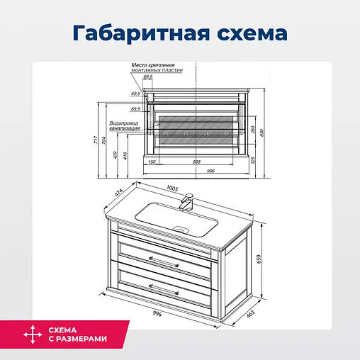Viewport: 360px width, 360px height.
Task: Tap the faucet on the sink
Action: point(187,201)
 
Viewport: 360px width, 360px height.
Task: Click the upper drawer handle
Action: point(164,259)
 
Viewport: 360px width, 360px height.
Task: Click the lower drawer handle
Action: point(164,287)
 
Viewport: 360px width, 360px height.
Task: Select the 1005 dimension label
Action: point(171,188)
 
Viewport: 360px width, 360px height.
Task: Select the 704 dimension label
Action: point(105,140)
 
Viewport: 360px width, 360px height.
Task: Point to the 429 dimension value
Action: point(116,154)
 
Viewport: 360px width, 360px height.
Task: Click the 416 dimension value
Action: point(125,156)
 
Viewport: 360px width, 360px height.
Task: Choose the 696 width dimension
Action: point(196,162)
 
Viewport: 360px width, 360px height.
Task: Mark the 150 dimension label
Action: point(152,162)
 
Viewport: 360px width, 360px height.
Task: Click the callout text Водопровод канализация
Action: point(124,125)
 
